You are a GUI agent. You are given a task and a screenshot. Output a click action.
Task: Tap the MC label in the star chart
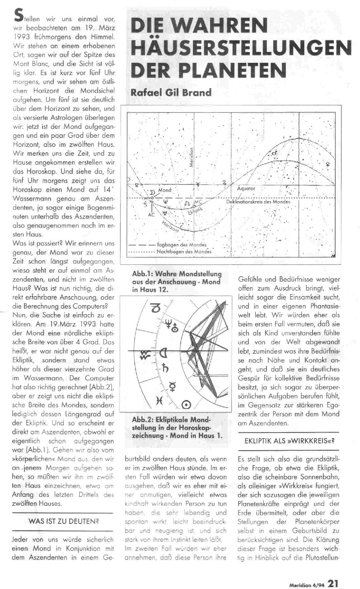tap(197, 201)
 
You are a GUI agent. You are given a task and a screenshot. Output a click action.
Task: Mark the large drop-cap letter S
tap(19, 15)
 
